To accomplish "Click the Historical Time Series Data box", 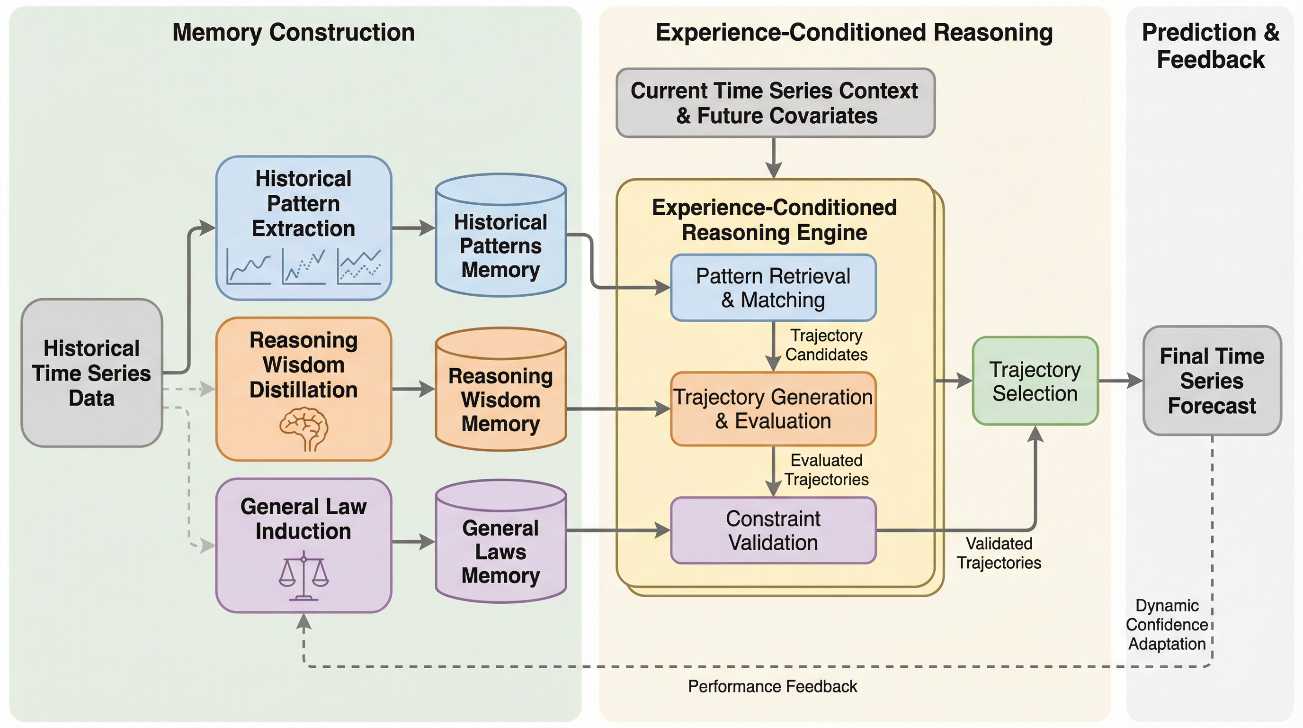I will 91,373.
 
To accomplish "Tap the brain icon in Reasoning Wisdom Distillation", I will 303,428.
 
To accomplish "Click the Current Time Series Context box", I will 775,103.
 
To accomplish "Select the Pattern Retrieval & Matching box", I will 773,288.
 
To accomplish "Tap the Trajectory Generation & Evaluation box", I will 773,409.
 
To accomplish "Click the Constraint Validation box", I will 773,530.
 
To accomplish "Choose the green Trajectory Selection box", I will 1035,381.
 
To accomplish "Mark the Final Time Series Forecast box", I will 1212,381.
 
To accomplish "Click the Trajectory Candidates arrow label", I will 826,345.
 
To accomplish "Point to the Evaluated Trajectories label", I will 826,469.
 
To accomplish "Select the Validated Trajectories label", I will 999,553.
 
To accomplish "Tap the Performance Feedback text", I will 772,686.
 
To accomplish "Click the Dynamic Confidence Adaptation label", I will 1167,624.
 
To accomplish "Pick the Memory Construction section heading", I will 294,32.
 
